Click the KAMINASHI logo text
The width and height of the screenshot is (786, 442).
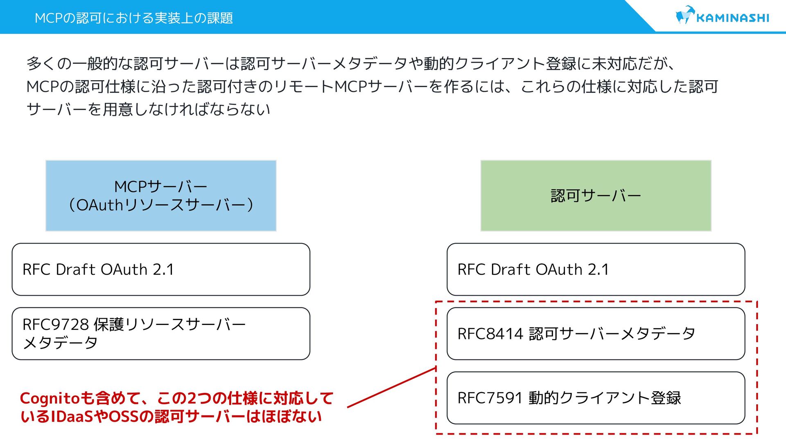click(x=732, y=18)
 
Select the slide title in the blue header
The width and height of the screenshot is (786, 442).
click(x=133, y=18)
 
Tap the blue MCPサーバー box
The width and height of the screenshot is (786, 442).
click(x=161, y=196)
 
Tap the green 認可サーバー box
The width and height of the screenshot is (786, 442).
click(x=596, y=196)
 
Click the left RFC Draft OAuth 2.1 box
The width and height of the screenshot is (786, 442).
click(x=161, y=269)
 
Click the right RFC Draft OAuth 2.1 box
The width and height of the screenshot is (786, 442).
click(x=596, y=269)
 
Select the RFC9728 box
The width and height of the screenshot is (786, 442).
click(x=161, y=334)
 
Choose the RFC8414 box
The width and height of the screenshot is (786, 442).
click(x=596, y=334)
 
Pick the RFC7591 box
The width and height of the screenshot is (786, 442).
click(x=596, y=398)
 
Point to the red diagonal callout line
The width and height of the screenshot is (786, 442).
click(x=391, y=388)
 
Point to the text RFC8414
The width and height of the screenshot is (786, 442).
click(x=490, y=334)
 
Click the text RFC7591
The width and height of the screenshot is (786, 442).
click(x=490, y=398)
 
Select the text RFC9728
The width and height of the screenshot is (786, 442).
click(x=56, y=325)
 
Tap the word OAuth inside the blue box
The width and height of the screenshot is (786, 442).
click(x=100, y=205)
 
